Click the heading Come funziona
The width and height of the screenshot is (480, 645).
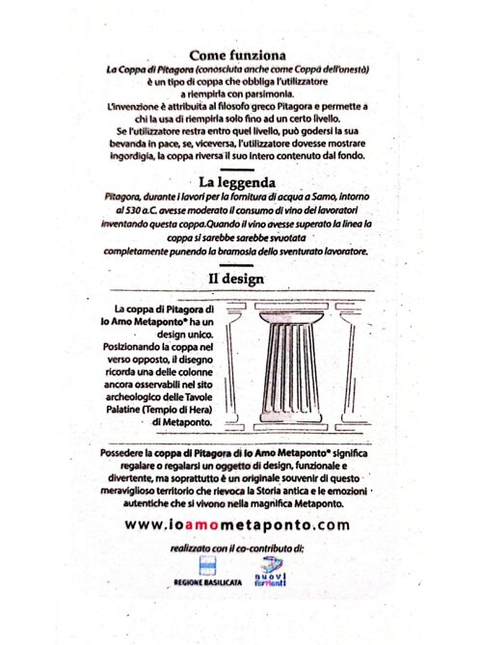click(x=239, y=55)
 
